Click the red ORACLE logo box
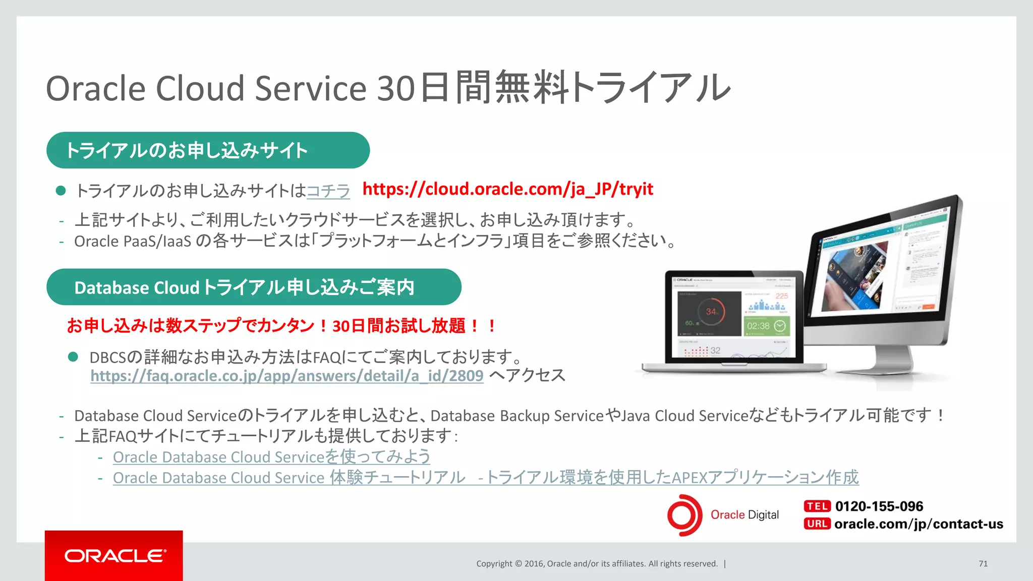114,555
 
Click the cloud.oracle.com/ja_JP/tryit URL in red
507,189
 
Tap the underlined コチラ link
328,191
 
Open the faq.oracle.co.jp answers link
286,376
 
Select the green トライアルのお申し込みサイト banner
208,150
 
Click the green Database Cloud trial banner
253,287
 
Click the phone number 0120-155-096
879,506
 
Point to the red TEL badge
817,506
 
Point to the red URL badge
817,524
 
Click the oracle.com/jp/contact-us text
919,524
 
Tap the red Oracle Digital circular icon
684,515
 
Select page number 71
983,564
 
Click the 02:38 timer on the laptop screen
759,326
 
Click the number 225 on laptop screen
781,296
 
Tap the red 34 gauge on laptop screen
711,312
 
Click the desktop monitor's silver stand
888,361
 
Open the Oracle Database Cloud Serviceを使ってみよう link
271,457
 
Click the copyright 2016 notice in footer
597,564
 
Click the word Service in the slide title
310,88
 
